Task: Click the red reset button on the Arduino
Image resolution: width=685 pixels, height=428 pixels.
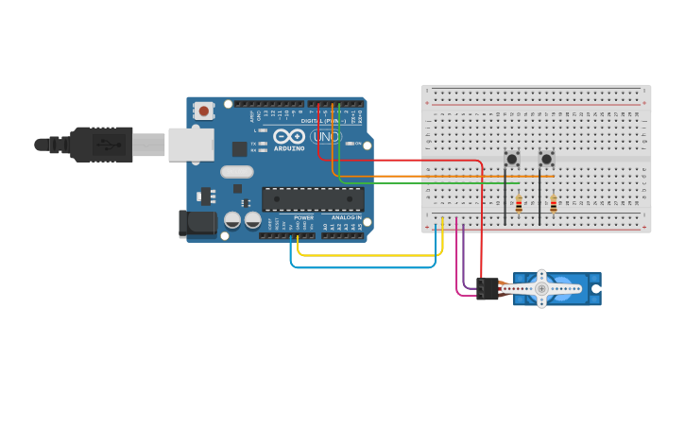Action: click(x=203, y=111)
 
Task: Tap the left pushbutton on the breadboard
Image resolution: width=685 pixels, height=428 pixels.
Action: click(x=512, y=158)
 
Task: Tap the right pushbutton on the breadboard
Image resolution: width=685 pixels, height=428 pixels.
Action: click(x=546, y=158)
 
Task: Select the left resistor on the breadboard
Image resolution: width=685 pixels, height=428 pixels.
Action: click(x=519, y=203)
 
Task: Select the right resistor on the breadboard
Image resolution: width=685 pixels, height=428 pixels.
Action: click(x=553, y=203)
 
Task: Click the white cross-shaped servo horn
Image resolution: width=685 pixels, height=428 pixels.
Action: click(x=541, y=288)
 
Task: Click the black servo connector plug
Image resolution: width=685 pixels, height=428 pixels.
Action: click(x=488, y=288)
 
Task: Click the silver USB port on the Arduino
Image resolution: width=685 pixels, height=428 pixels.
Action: click(x=190, y=145)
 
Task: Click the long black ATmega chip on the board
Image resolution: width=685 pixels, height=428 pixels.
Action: click(x=313, y=198)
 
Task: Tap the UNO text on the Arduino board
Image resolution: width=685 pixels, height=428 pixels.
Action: click(x=325, y=137)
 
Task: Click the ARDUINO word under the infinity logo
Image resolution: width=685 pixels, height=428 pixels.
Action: click(x=289, y=148)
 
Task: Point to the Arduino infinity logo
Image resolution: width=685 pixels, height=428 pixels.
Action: click(x=288, y=136)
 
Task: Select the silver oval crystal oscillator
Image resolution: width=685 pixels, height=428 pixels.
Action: click(x=237, y=172)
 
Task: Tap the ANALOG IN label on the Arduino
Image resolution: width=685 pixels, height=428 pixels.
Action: click(x=346, y=217)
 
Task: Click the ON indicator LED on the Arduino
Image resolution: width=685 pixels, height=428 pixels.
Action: click(x=349, y=144)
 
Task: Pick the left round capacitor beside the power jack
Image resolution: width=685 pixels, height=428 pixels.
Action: click(x=232, y=220)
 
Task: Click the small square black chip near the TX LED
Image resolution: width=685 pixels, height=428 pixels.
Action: click(x=240, y=148)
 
